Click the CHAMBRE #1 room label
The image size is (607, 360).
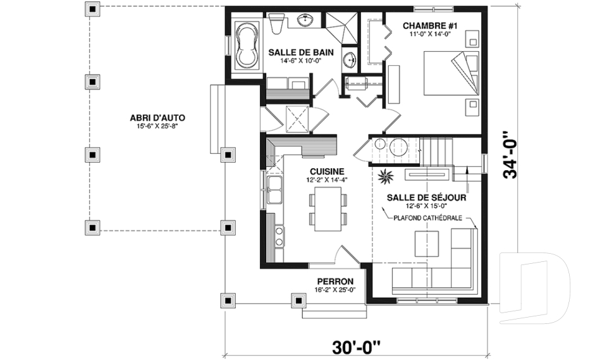pyautogui.click(x=430, y=26)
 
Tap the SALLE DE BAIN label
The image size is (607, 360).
pyautogui.click(x=301, y=53)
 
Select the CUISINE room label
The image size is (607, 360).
pyautogui.click(x=327, y=171)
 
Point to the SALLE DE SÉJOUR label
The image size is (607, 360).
pyautogui.click(x=426, y=198)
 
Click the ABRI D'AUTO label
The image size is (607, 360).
pyautogui.click(x=157, y=118)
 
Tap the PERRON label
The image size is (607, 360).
pyautogui.click(x=335, y=282)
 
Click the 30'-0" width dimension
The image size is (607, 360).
pyautogui.click(x=356, y=347)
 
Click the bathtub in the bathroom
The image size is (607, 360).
pyautogui.click(x=248, y=45)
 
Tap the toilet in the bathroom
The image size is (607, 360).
pyautogui.click(x=277, y=23)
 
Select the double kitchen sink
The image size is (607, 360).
pyautogui.click(x=274, y=189)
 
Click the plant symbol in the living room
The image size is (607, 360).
pyautogui.click(x=386, y=177)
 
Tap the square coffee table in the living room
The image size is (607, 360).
pyautogui.click(x=427, y=243)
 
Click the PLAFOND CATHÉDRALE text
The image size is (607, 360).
pyautogui.click(x=428, y=218)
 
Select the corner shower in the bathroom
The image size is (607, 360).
pyautogui.click(x=341, y=28)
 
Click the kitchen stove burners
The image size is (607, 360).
pyautogui.click(x=279, y=237)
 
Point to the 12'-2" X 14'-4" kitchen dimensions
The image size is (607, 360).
pyautogui.click(x=327, y=180)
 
